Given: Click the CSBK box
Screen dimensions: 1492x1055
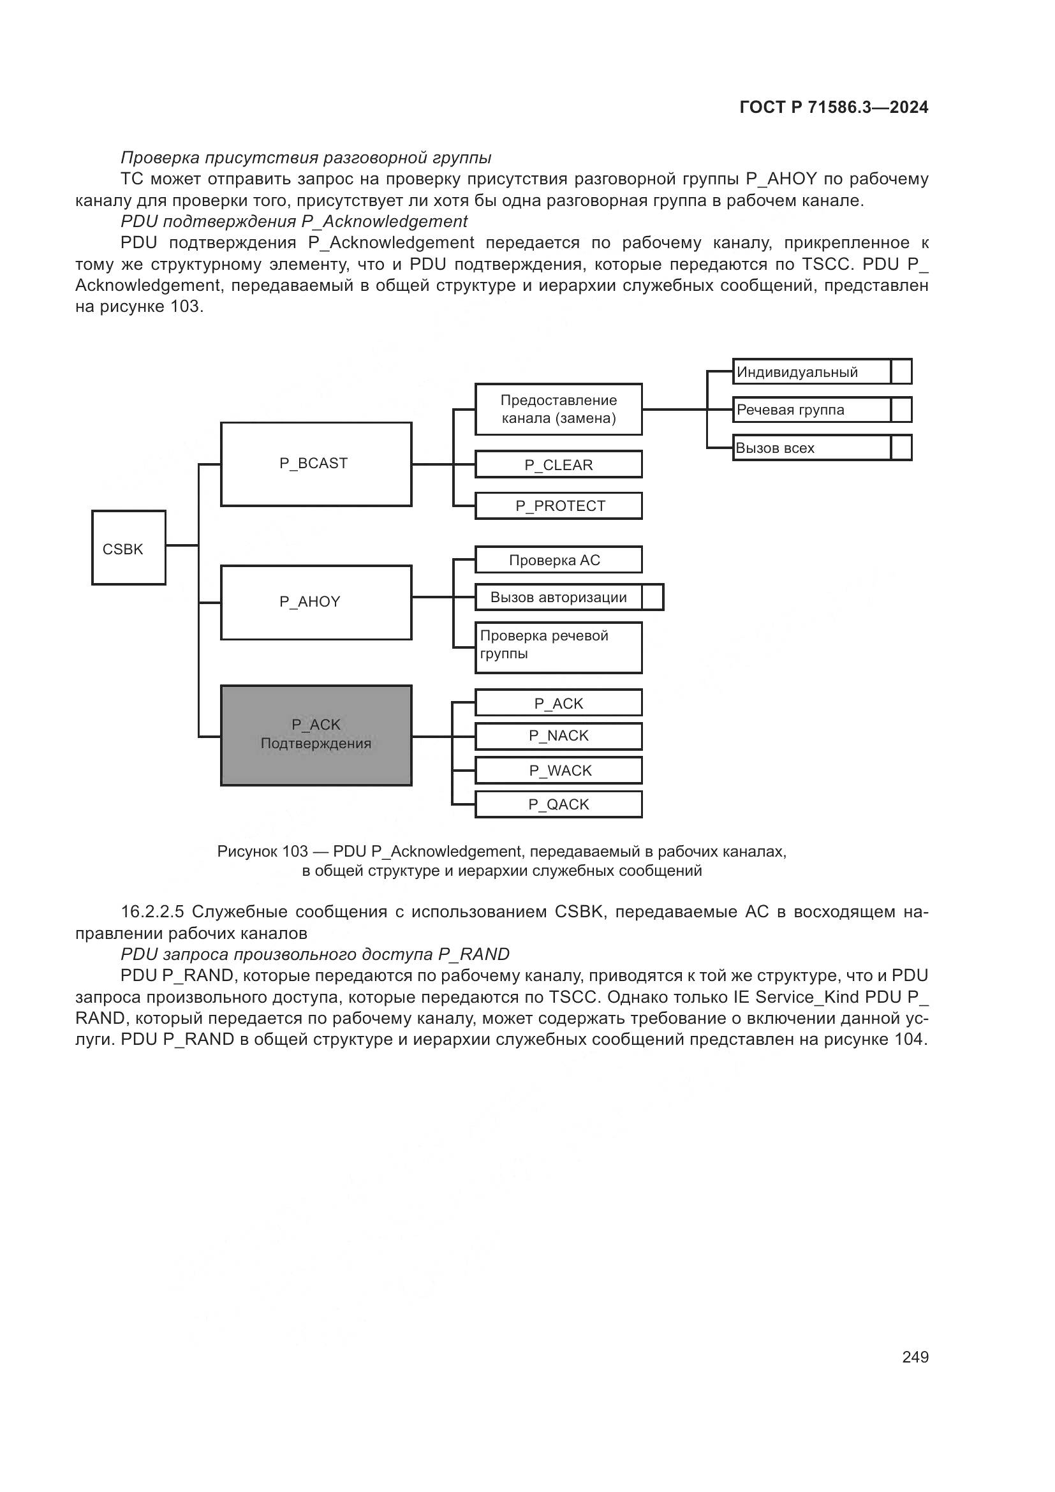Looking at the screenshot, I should (x=129, y=548).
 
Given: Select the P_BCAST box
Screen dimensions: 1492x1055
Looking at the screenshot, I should (x=316, y=464).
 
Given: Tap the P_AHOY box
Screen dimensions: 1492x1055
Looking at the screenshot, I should (x=316, y=602).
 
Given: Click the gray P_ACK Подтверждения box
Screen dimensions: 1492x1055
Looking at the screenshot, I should (x=316, y=735).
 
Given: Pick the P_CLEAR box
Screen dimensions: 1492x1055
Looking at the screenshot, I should (x=558, y=464).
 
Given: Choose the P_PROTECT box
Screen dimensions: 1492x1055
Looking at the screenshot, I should (x=558, y=506).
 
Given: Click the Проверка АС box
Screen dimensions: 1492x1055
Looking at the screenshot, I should (x=558, y=559).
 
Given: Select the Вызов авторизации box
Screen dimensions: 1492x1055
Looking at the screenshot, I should (x=558, y=597).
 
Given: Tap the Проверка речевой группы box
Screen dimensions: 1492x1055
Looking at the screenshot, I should (x=558, y=647).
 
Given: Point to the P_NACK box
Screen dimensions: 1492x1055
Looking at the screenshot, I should (x=558, y=736).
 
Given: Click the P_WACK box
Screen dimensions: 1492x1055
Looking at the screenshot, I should (x=558, y=770).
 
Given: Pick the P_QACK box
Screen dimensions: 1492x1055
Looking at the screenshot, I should (x=558, y=804).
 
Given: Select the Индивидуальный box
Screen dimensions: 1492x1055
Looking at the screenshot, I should (x=811, y=372).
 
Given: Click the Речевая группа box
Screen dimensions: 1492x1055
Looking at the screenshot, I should (x=811, y=410).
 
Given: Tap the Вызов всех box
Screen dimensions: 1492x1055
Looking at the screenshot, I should (x=811, y=448).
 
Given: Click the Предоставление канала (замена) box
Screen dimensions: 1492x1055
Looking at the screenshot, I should (x=558, y=410).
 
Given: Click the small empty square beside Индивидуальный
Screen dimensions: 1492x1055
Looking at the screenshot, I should (x=901, y=372).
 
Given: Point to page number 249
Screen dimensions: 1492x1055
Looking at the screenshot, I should (x=915, y=1357).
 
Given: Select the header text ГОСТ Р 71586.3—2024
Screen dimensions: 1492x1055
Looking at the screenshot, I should (x=834, y=108).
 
